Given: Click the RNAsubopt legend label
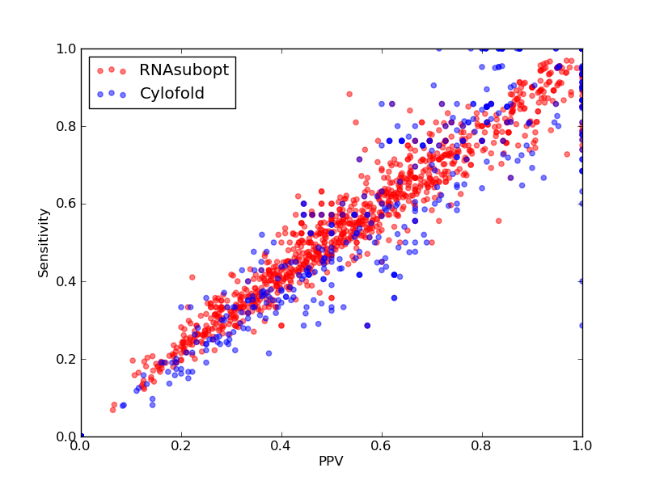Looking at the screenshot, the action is tap(184, 70).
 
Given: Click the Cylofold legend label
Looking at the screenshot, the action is tap(172, 94).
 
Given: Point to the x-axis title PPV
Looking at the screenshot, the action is tap(331, 461).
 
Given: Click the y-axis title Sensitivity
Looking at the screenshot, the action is tap(44, 242).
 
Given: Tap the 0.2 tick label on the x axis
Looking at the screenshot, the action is tap(181, 446).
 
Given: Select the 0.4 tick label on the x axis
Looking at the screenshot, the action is tap(281, 446).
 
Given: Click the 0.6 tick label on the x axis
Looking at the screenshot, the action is tap(382, 446).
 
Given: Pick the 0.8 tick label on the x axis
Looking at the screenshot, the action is tap(482, 446).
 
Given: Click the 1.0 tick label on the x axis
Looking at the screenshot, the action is tap(582, 446).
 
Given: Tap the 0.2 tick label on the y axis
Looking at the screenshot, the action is tap(66, 359).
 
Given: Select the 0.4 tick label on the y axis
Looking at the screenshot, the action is tap(66, 281).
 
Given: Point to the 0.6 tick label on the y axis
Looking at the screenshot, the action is tap(66, 205).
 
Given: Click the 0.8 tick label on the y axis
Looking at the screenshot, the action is tap(66, 126).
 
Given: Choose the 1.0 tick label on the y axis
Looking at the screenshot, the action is tap(66, 48).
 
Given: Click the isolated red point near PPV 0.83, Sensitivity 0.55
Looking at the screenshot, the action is tap(498, 221).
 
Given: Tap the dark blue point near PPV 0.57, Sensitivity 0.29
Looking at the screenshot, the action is tap(367, 326).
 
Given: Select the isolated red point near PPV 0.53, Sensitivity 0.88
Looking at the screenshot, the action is tap(349, 95).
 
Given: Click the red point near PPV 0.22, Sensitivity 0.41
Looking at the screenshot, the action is tap(192, 277).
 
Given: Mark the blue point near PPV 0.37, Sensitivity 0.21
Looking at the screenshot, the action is tap(269, 353).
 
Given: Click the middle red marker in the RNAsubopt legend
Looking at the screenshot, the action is tap(112, 70).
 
